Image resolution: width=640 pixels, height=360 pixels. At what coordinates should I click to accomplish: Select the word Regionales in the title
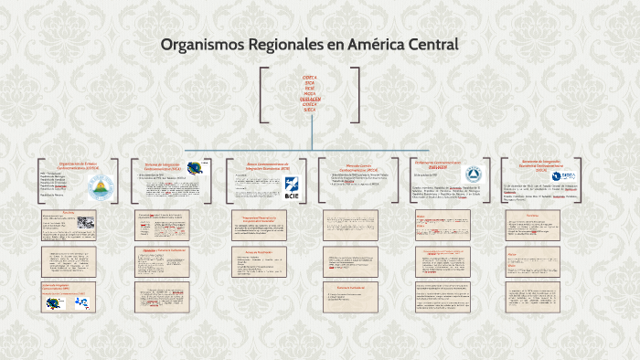(285, 44)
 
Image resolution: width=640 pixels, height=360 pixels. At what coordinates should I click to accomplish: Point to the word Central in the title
(433, 44)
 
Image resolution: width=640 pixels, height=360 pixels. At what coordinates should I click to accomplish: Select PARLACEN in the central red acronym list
(310, 99)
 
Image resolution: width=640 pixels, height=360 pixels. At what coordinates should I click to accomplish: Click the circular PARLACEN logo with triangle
(473, 175)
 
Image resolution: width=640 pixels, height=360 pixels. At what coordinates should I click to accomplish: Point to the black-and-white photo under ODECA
(85, 222)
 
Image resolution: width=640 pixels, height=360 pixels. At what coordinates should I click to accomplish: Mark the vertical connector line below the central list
(312, 132)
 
